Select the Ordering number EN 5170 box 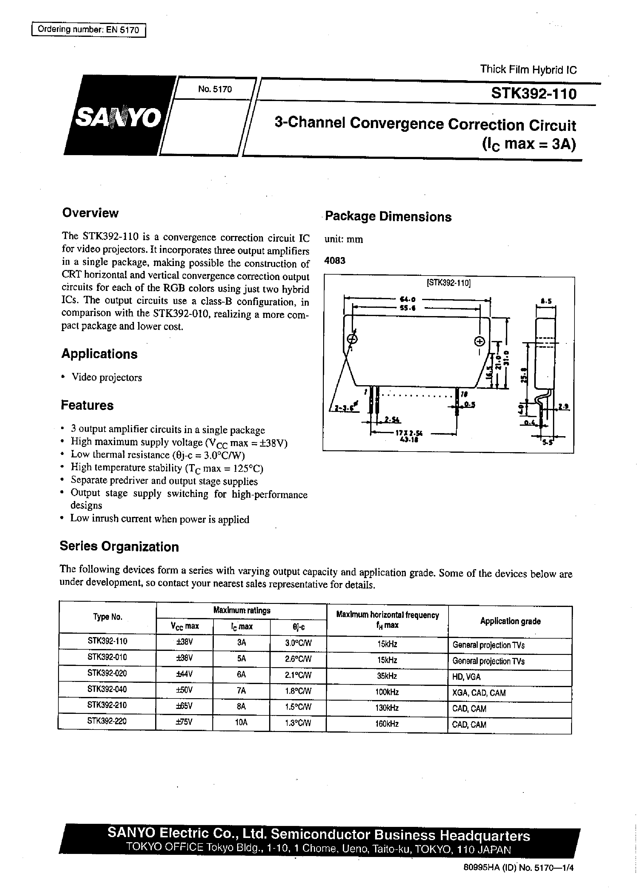tap(88, 30)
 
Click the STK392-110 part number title tap(534, 94)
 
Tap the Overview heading tap(90, 213)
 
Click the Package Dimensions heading tap(388, 217)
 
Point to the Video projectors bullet tap(106, 378)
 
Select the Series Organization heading tap(119, 547)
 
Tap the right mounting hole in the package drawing tap(480, 341)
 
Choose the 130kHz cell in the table tap(387, 708)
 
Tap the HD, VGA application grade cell tap(466, 677)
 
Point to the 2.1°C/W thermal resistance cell tap(298, 676)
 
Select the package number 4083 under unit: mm tap(335, 260)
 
